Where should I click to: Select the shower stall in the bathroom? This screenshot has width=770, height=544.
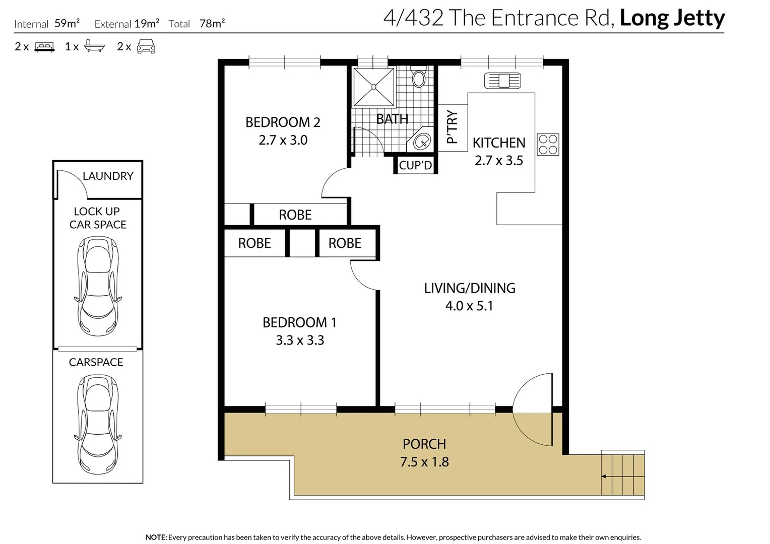click(x=373, y=87)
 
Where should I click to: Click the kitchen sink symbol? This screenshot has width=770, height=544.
click(x=502, y=81)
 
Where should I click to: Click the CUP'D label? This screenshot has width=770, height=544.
click(x=415, y=165)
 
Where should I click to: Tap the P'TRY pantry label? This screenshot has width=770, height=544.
click(x=452, y=126)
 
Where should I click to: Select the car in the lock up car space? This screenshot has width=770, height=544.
click(x=98, y=286)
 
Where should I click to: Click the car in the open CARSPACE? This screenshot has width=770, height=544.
click(x=98, y=425)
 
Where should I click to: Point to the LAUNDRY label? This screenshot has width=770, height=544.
click(x=108, y=176)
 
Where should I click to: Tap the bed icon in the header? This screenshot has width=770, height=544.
click(x=44, y=47)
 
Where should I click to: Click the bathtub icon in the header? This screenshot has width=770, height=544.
click(x=94, y=46)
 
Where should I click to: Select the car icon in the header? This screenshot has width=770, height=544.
click(x=146, y=46)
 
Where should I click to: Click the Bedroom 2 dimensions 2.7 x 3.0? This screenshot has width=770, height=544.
click(x=283, y=140)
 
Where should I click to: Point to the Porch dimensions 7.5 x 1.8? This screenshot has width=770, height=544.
click(x=424, y=462)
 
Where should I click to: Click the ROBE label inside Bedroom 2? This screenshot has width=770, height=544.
click(x=295, y=215)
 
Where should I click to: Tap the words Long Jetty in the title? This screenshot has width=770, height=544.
click(x=672, y=18)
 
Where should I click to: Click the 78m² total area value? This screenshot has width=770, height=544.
click(x=212, y=23)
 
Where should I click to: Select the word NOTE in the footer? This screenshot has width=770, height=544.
click(x=156, y=537)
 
